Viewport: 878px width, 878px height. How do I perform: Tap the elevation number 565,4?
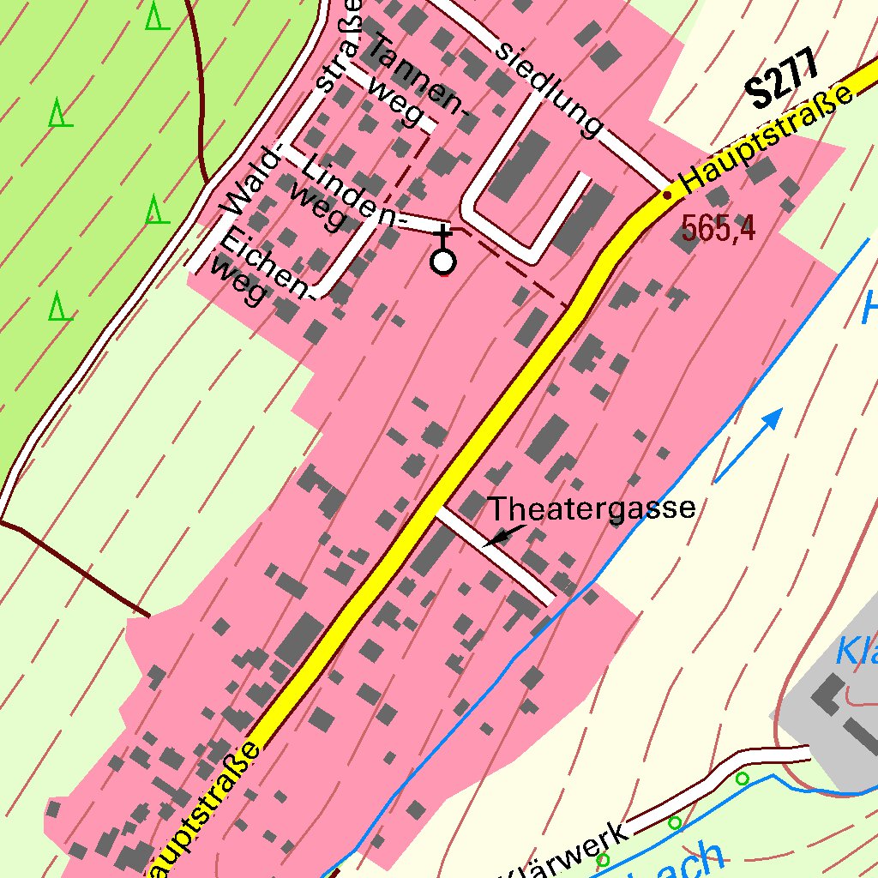[x=719, y=228]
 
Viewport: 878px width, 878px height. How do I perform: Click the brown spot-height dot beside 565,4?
[x=667, y=195]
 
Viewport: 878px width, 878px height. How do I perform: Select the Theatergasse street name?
[x=592, y=508]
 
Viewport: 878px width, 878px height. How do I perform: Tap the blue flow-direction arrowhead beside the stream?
[x=773, y=419]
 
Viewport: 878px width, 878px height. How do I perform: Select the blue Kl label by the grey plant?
[x=857, y=652]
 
